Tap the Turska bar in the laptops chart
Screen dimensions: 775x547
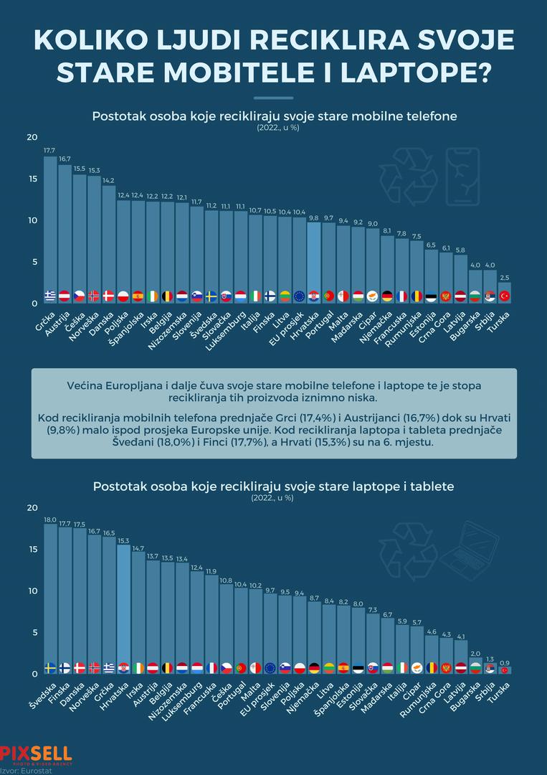click(x=505, y=670)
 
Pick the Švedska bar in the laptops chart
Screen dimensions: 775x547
click(x=50, y=596)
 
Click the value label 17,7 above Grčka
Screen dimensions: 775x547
click(x=49, y=151)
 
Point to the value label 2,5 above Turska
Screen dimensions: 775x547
click(x=505, y=277)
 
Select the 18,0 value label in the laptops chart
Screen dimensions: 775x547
click(x=50, y=520)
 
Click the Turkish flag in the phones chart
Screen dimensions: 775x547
click(x=505, y=296)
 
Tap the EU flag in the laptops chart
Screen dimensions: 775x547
click(x=270, y=667)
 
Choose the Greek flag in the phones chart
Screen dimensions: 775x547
click(x=50, y=296)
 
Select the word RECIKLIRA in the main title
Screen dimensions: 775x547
click(x=299, y=40)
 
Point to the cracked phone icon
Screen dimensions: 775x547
click(x=462, y=177)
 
